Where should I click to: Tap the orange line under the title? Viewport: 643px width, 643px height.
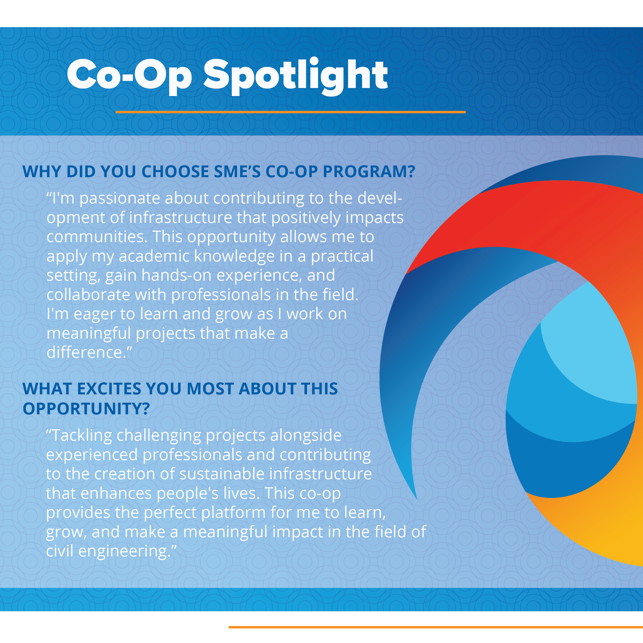pos(291,112)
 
